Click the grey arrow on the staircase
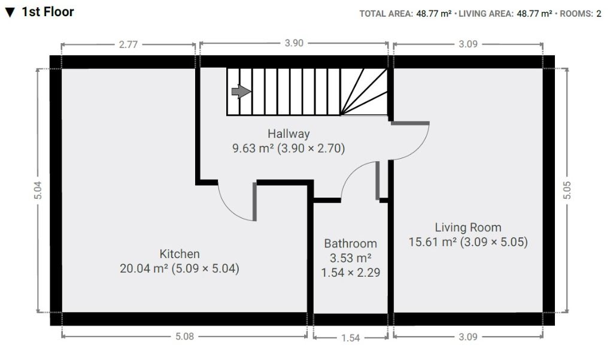coord(241,92)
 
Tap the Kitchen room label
coord(179,253)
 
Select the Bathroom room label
coord(350,243)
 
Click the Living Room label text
coord(468,227)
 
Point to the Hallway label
coord(289,133)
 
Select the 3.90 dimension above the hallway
coord(293,44)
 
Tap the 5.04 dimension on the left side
coord(38,190)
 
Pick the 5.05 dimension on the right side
coord(568,190)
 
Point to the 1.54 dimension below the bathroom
coord(350,338)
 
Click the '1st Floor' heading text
coord(48,12)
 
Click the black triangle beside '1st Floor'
coord(10,13)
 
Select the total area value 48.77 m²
coord(433,14)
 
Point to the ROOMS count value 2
coord(599,14)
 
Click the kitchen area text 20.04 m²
coord(144,269)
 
